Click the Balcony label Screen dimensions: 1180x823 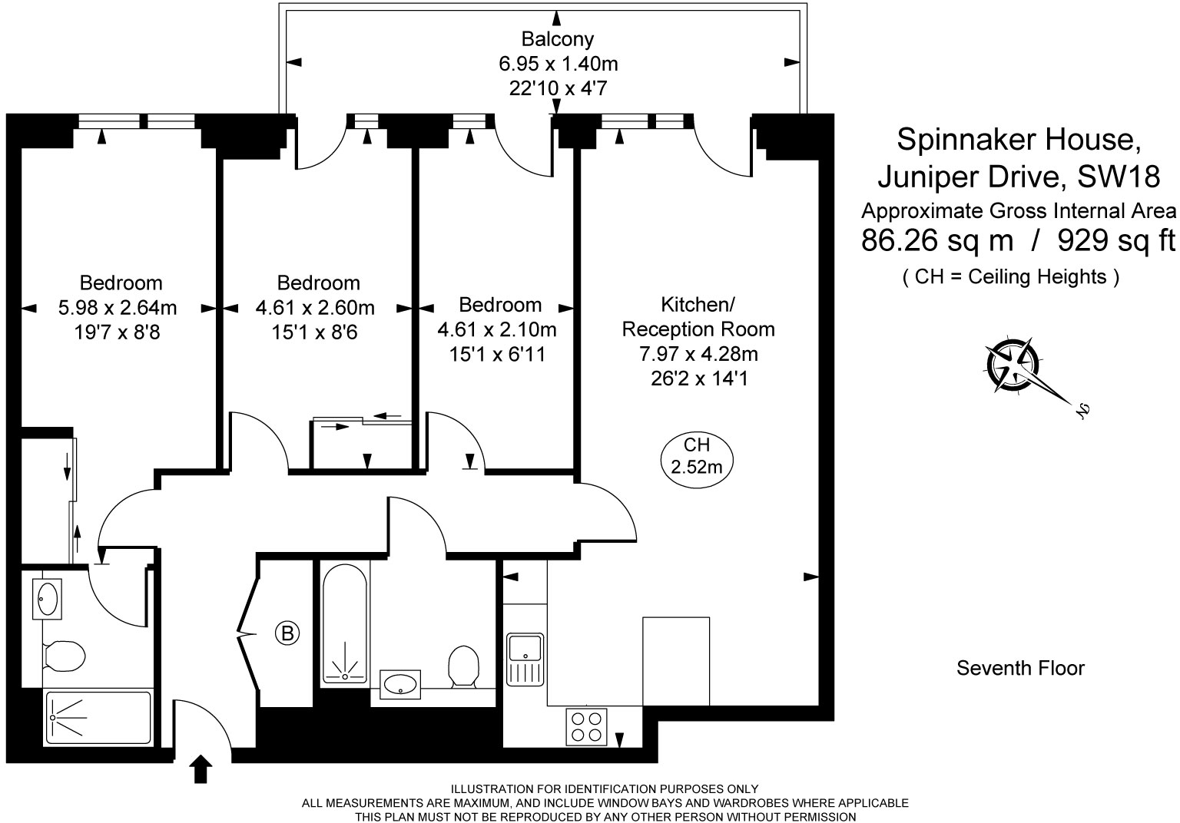tap(557, 39)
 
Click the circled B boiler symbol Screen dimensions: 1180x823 tap(287, 633)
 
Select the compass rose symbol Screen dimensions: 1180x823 tap(1012, 365)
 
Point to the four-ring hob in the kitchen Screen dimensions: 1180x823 tap(586, 726)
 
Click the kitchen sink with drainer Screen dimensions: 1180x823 tap(525, 659)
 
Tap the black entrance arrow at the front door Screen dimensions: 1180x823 tap(201, 769)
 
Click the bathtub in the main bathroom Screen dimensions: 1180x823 tap(344, 624)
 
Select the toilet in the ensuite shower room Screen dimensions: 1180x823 tap(64, 656)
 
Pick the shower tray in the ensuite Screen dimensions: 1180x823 tap(98, 718)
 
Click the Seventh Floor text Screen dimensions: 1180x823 tap(1020, 668)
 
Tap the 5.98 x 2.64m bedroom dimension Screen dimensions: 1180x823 tap(118, 308)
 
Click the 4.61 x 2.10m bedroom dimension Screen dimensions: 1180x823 tap(497, 329)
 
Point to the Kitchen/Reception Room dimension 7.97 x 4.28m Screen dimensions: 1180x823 tap(698, 354)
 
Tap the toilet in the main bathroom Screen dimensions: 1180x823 tap(463, 666)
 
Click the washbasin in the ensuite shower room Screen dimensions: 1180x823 tap(48, 599)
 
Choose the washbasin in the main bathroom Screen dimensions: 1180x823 tap(399, 685)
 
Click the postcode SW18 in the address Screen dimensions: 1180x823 tap(1118, 177)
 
